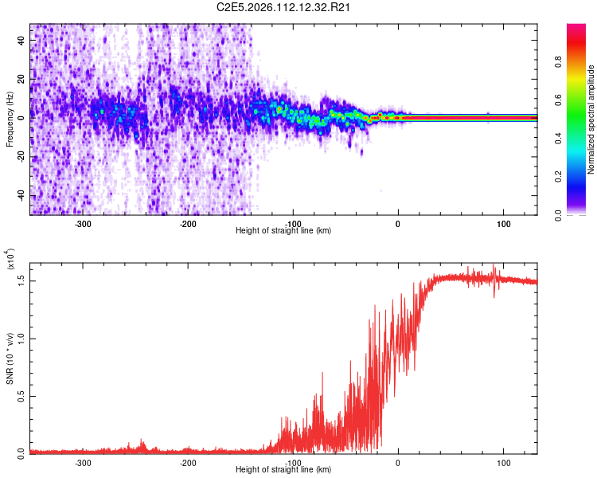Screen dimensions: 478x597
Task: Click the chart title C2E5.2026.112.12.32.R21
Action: [x=284, y=8]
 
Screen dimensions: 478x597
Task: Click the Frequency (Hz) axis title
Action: [x=10, y=119]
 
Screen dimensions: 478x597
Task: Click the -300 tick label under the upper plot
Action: [x=84, y=223]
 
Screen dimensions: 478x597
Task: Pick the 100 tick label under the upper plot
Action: [x=504, y=223]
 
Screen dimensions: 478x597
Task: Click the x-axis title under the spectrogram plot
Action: [x=283, y=231]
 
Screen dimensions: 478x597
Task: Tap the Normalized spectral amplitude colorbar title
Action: [x=591, y=119]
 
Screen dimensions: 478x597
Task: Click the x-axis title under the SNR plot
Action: [x=283, y=470]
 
